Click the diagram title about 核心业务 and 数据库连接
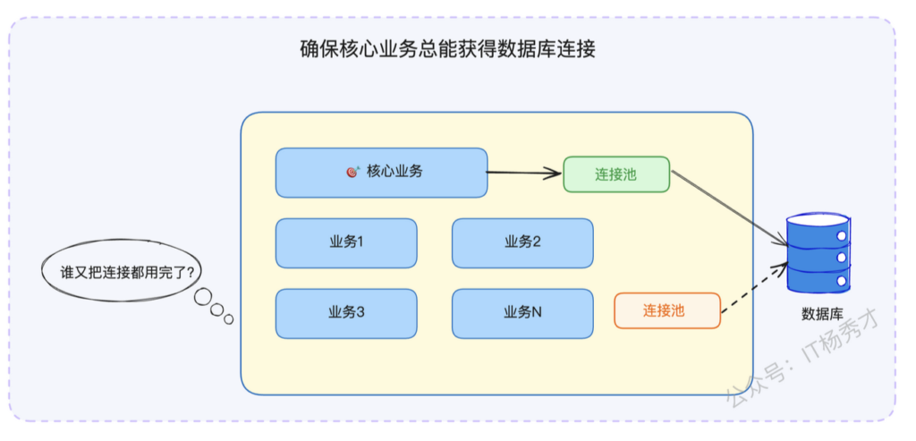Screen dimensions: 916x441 click(447, 50)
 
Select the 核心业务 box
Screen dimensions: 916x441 click(381, 173)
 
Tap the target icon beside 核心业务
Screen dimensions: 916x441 click(352, 172)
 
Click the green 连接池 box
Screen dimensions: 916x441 click(616, 174)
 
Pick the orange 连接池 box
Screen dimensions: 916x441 click(667, 310)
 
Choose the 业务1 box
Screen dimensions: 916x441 click(346, 243)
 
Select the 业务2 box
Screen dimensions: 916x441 click(522, 243)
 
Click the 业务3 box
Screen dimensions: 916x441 click(346, 314)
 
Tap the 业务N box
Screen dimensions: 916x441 click(522, 314)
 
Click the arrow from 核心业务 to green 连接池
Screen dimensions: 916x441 click(524, 173)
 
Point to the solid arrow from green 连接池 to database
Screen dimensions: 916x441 click(730, 208)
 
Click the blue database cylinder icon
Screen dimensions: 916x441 click(818, 252)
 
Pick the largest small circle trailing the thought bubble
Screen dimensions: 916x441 click(202, 297)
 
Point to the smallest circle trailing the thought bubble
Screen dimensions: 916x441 click(228, 319)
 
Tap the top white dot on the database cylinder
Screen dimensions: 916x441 click(841, 236)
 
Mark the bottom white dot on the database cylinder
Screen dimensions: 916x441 click(841, 281)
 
